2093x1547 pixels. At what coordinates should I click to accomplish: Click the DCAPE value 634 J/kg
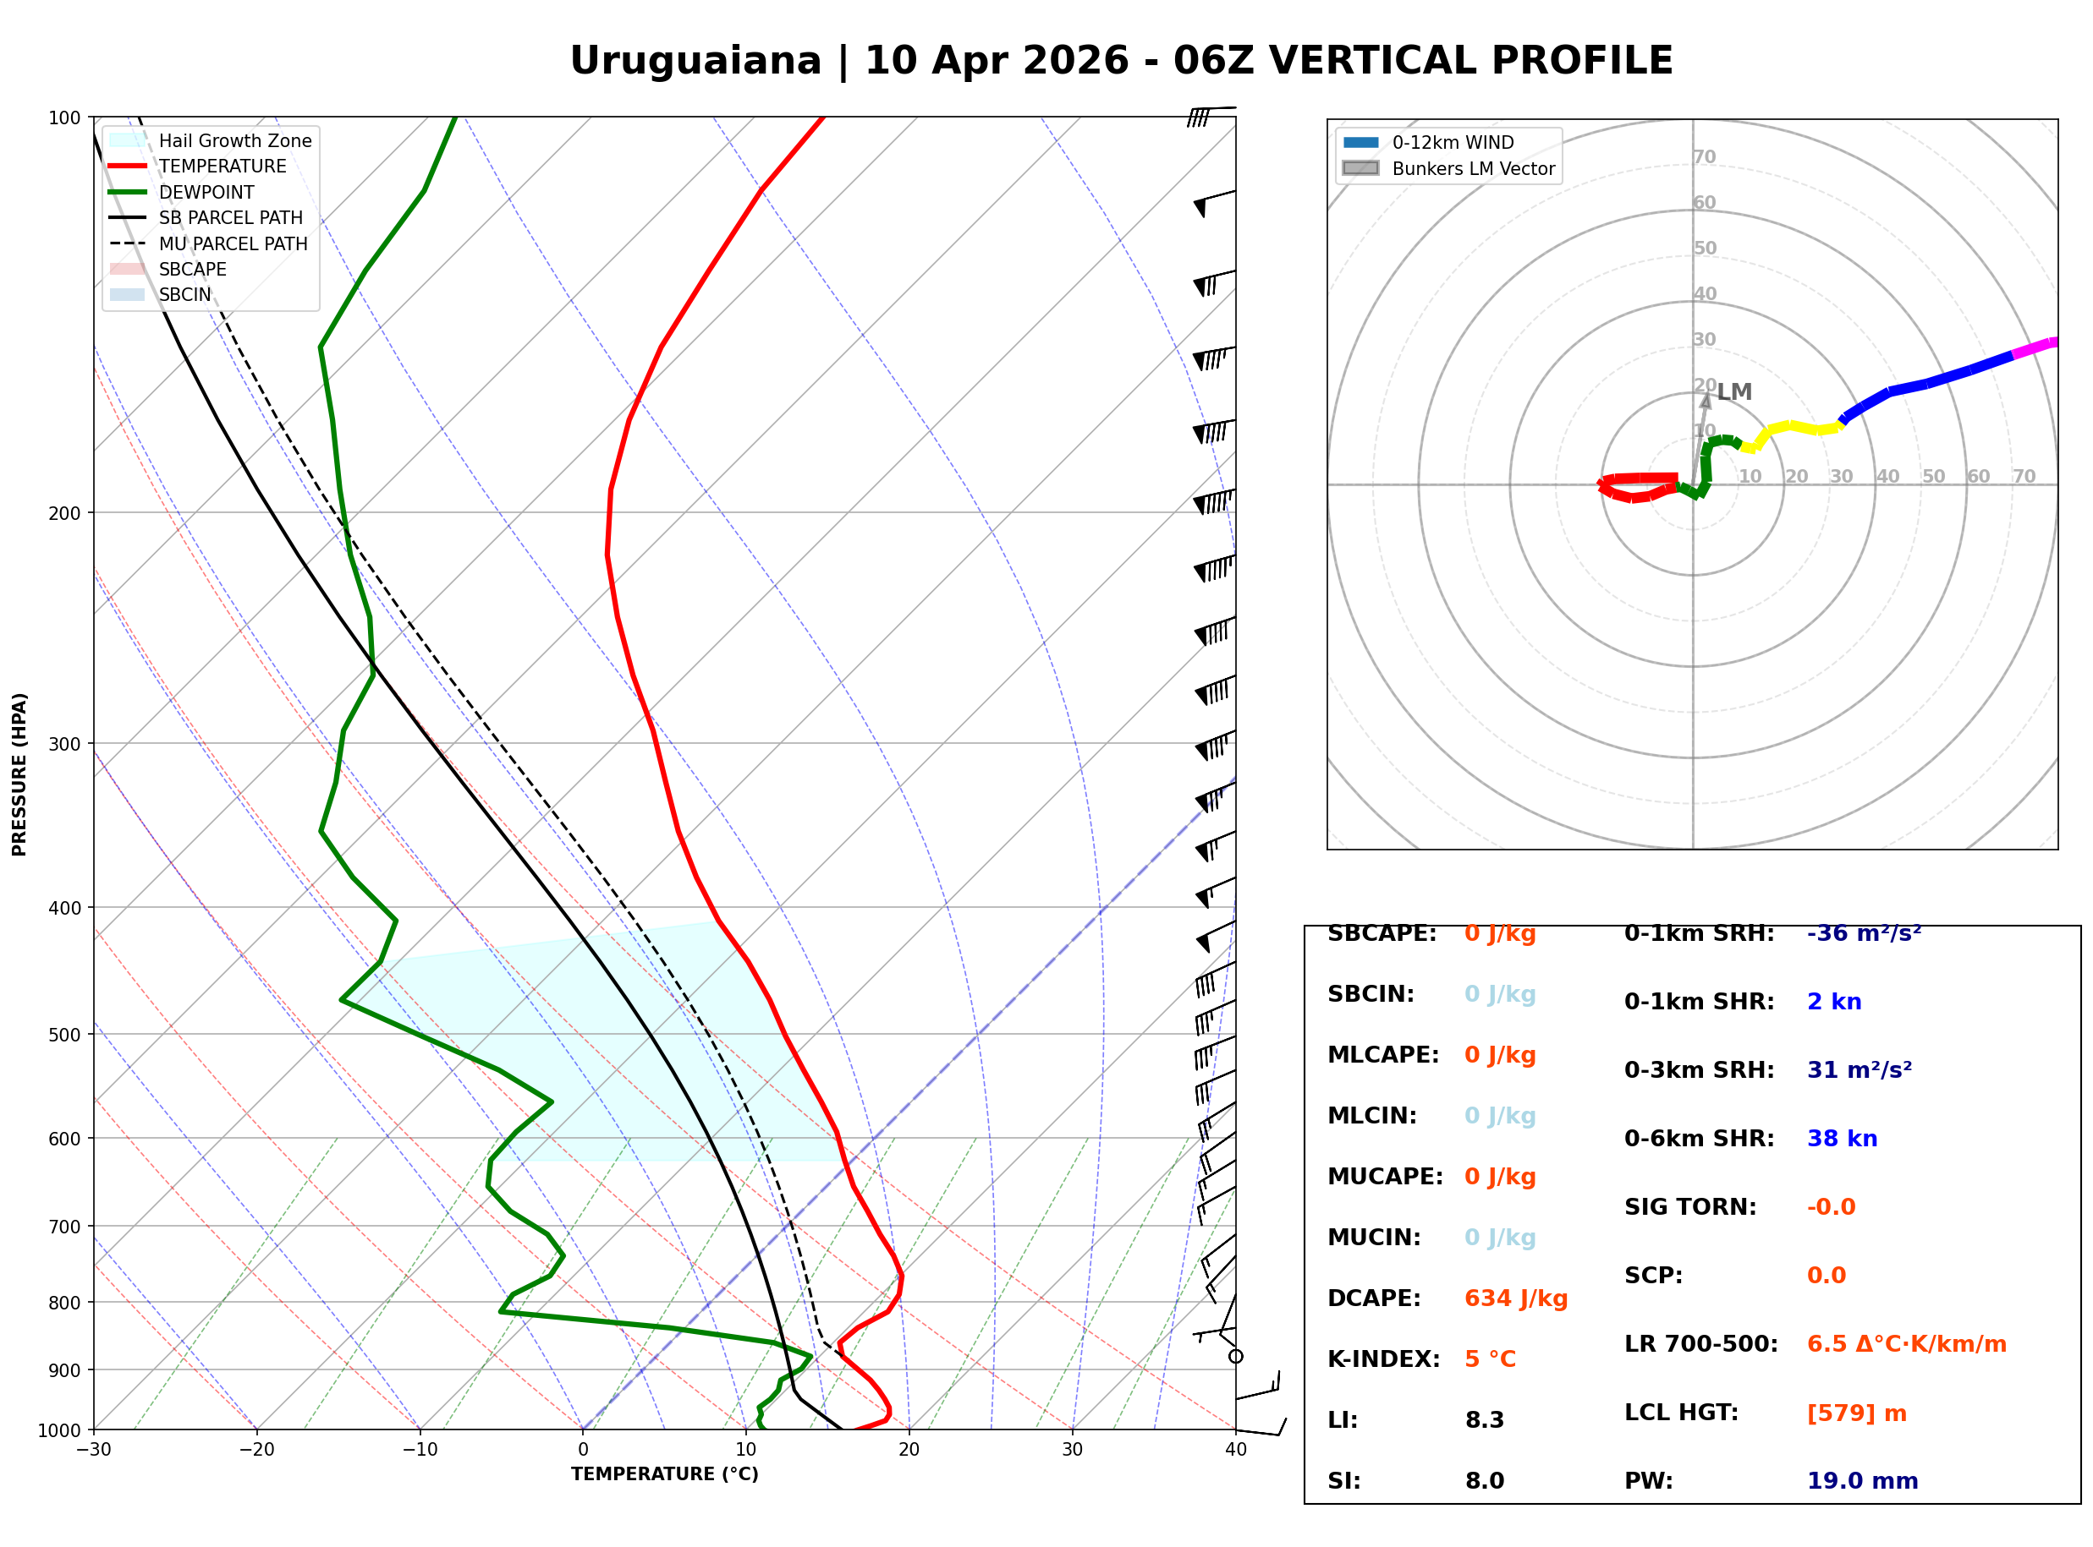pyautogui.click(x=1516, y=1298)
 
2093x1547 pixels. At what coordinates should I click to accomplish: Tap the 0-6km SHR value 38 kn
pyautogui.click(x=1842, y=1139)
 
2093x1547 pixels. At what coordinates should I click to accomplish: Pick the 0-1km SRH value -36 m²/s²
pyautogui.click(x=1865, y=933)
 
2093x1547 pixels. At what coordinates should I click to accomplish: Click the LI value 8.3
pyautogui.click(x=1485, y=1420)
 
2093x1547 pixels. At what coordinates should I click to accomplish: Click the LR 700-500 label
pyautogui.click(x=1700, y=1345)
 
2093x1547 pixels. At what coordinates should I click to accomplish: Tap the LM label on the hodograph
pyautogui.click(x=1734, y=392)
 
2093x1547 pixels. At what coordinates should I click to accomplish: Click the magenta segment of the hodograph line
pyautogui.click(x=2035, y=348)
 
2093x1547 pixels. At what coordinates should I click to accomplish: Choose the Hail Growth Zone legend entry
pyautogui.click(x=211, y=140)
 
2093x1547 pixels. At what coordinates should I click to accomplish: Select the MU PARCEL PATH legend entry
pyautogui.click(x=208, y=243)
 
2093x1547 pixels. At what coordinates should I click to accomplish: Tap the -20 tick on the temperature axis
pyautogui.click(x=256, y=1450)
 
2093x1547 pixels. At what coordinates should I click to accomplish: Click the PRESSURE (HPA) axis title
pyautogui.click(x=19, y=774)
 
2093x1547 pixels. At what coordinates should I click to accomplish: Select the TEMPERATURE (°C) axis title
pyautogui.click(x=665, y=1474)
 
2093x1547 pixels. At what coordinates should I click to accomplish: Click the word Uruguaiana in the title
pyautogui.click(x=695, y=61)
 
